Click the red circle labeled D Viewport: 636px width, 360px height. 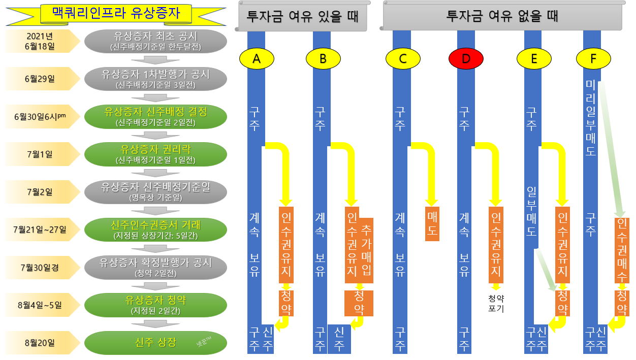pyautogui.click(x=466, y=59)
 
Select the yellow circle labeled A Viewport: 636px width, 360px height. pyautogui.click(x=257, y=59)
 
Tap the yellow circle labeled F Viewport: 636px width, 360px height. pyautogui.click(x=593, y=59)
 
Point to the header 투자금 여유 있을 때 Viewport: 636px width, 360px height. pyautogui.click(x=303, y=16)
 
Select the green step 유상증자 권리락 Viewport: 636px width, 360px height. pyautogui.click(x=155, y=154)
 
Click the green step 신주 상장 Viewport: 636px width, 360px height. pyautogui.click(x=155, y=343)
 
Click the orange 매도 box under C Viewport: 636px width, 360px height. pyautogui.click(x=432, y=224)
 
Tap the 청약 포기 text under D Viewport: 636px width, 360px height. pyautogui.click(x=496, y=303)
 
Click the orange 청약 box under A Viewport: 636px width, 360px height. pyautogui.click(x=287, y=303)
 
